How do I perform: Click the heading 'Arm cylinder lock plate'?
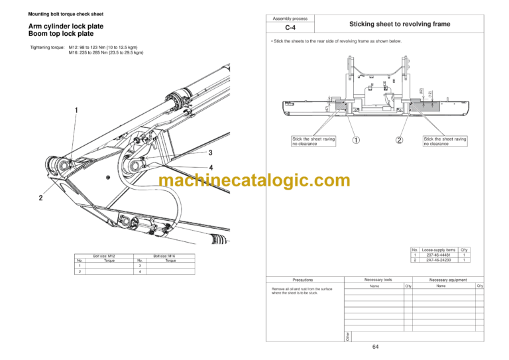[66, 27]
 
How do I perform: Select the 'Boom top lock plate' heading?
[61, 34]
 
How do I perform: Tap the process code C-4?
[290, 29]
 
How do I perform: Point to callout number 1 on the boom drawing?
[77, 110]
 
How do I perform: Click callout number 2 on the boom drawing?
[40, 198]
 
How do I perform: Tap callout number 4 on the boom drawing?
[210, 168]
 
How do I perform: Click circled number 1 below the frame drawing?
[356, 140]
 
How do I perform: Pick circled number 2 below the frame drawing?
[399, 140]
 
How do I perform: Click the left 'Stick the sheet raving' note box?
[313, 141]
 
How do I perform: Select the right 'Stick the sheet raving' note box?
[445, 141]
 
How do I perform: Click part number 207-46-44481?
[438, 255]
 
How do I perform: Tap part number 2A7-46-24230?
[438, 261]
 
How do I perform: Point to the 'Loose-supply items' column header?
[438, 250]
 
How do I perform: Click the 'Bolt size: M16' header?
[164, 256]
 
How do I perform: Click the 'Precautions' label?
[302, 280]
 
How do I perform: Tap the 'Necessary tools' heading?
[378, 279]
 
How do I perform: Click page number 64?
[375, 347]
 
